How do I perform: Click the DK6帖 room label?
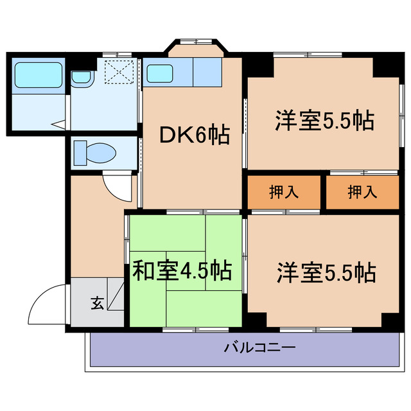pos(194,136)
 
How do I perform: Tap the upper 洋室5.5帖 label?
pos(325,121)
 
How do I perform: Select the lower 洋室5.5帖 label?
pos(326,273)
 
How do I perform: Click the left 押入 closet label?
pos(283,193)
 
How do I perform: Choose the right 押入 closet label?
pos(362,193)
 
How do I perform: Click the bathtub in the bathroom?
pos(38,75)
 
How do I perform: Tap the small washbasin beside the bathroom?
pos(81,78)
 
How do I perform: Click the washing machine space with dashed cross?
pos(118,71)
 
